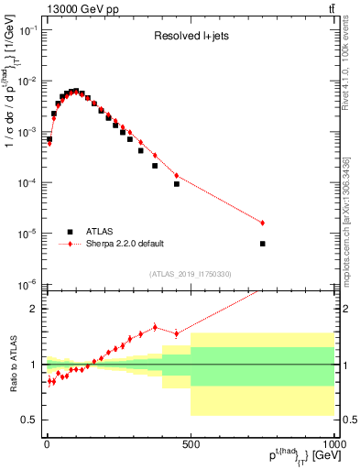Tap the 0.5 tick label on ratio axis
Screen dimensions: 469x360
tap(29, 420)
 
